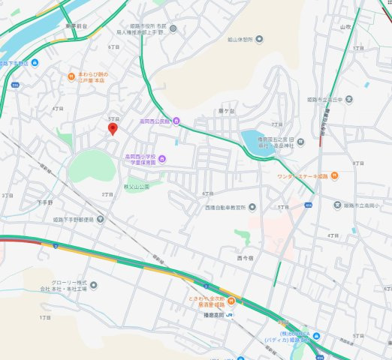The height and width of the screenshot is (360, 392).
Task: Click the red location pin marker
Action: pyautogui.click(x=113, y=129)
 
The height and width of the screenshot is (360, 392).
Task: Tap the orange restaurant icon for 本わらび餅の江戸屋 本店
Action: pyautogui.click(x=71, y=75)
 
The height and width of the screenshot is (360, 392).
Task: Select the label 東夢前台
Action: pyautogui.click(x=77, y=26)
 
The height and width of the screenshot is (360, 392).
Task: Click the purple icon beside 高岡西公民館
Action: pyautogui.click(x=176, y=121)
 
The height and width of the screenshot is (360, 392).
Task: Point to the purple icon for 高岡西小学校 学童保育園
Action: pyautogui.click(x=163, y=158)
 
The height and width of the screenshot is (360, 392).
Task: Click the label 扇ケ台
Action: pyautogui.click(x=226, y=111)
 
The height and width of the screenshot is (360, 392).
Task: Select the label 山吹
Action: pyautogui.click(x=345, y=26)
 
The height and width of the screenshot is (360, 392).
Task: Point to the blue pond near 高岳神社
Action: pyautogui.click(x=252, y=140)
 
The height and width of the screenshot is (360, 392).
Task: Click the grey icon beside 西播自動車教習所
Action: pyautogui.click(x=252, y=206)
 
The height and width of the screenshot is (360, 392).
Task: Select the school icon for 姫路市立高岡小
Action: pyautogui.click(x=338, y=205)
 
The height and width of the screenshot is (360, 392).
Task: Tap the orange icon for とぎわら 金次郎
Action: pyautogui.click(x=231, y=301)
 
